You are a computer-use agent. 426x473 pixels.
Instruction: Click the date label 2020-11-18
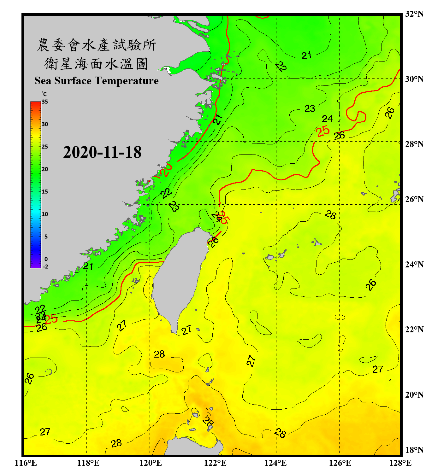point(102,152)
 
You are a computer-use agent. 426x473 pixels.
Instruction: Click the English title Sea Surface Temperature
point(97,81)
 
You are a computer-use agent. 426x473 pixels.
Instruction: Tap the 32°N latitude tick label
point(414,14)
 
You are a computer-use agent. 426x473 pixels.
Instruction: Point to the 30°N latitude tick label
point(414,79)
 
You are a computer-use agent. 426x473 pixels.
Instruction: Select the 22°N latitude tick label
point(414,330)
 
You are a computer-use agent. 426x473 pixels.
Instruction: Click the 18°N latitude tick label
point(414,450)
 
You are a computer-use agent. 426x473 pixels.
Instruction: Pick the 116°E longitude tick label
point(26,463)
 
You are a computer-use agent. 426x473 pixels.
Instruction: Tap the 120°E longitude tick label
point(151,463)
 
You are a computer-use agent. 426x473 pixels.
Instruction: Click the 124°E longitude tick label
point(275,463)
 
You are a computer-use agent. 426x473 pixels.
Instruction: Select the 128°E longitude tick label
point(400,463)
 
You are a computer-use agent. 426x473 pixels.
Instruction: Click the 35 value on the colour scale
point(45,102)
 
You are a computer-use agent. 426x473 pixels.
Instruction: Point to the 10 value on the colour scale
point(45,214)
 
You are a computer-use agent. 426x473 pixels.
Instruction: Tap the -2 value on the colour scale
point(45,267)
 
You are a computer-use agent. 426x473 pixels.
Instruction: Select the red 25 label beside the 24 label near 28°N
point(323,131)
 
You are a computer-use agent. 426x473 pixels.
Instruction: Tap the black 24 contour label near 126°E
point(327,119)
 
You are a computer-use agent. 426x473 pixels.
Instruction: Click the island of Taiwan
point(178,277)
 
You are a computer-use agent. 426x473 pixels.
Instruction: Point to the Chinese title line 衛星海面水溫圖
point(97,64)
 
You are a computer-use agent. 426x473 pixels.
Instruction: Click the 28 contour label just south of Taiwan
point(159,354)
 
